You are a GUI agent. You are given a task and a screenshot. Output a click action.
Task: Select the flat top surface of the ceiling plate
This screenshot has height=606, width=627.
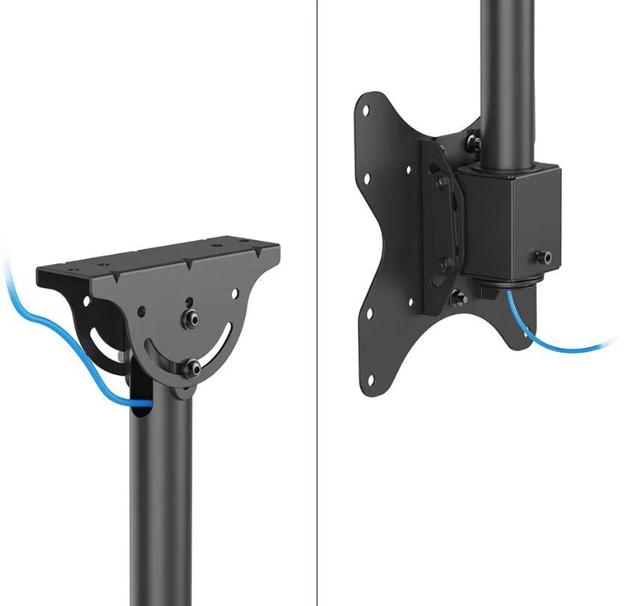164,258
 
